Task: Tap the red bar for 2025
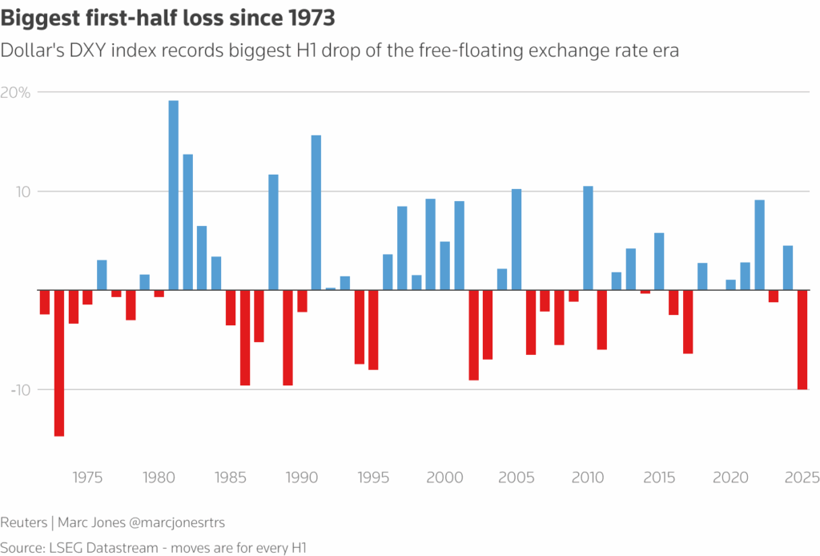click(802, 340)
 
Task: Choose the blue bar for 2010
click(588, 238)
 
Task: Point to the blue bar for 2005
click(517, 240)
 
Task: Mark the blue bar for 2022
click(759, 244)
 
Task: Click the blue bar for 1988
click(273, 232)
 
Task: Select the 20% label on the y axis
click(15, 92)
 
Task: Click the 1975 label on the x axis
click(88, 477)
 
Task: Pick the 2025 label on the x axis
click(801, 477)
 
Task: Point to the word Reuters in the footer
click(22, 522)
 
